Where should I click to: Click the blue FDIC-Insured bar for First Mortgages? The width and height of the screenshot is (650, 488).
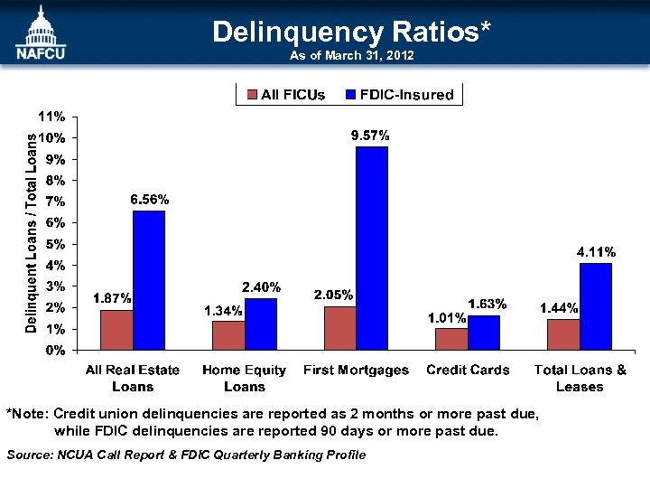pyautogui.click(x=372, y=248)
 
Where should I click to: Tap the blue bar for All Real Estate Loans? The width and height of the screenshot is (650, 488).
pyautogui.click(x=149, y=279)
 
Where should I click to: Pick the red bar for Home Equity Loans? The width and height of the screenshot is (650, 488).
pyautogui.click(x=227, y=334)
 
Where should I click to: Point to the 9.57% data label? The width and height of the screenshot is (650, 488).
pyautogui.click(x=370, y=136)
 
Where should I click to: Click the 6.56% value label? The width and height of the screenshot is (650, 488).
pyautogui.click(x=149, y=200)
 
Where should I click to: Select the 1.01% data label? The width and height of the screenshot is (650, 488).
pyautogui.click(x=446, y=318)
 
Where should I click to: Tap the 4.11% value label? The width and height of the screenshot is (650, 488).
pyautogui.click(x=596, y=251)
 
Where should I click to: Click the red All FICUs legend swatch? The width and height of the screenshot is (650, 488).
pyautogui.click(x=253, y=95)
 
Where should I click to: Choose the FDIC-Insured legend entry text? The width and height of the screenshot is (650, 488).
pyautogui.click(x=406, y=95)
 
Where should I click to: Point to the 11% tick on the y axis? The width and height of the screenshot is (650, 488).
pyautogui.click(x=51, y=117)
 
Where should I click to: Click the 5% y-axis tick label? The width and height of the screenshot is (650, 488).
pyautogui.click(x=54, y=244)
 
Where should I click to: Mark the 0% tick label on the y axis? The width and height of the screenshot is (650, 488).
pyautogui.click(x=54, y=350)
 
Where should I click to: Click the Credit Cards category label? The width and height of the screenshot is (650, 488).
pyautogui.click(x=468, y=371)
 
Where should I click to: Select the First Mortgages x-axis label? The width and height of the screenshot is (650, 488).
pyautogui.click(x=356, y=371)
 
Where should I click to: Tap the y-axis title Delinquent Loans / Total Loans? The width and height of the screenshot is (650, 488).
pyautogui.click(x=31, y=233)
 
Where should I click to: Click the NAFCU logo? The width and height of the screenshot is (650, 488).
pyautogui.click(x=40, y=32)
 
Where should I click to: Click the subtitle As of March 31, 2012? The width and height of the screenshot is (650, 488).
pyautogui.click(x=351, y=56)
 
